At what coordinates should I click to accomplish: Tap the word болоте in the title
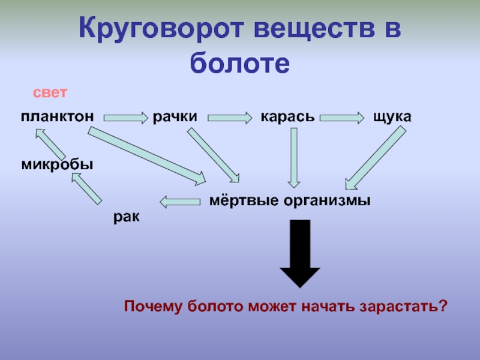[x=239, y=62]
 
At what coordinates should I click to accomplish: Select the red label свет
[x=50, y=94]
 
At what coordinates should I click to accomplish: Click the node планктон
[x=56, y=116]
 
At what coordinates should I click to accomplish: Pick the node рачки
[x=175, y=116]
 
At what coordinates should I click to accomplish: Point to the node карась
[x=287, y=116]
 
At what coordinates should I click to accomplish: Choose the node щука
[x=392, y=116]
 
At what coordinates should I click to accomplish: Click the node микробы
[x=57, y=164]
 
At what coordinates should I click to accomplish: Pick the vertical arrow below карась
[x=293, y=157]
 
